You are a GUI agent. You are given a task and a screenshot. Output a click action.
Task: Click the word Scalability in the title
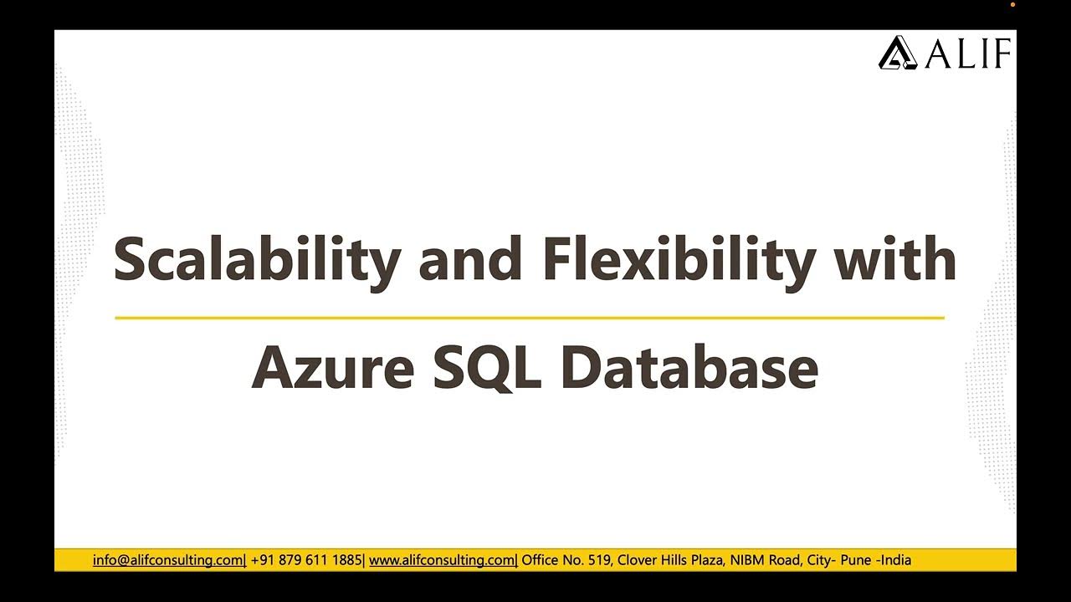[256, 260]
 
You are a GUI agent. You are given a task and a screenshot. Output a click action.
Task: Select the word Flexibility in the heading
[678, 258]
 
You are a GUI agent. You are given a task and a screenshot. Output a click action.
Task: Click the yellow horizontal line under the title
[529, 318]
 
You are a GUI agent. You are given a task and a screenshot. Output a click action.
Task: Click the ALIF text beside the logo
[968, 54]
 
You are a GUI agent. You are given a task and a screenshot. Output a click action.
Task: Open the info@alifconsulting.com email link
[167, 560]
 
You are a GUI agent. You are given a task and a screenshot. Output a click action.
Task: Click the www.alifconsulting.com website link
[442, 560]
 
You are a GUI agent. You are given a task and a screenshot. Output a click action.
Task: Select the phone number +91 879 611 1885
[306, 560]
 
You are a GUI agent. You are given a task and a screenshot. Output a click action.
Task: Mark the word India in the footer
[895, 560]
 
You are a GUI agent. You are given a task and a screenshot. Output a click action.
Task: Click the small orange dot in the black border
[1012, 5]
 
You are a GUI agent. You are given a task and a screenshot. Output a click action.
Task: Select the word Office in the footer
[541, 560]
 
